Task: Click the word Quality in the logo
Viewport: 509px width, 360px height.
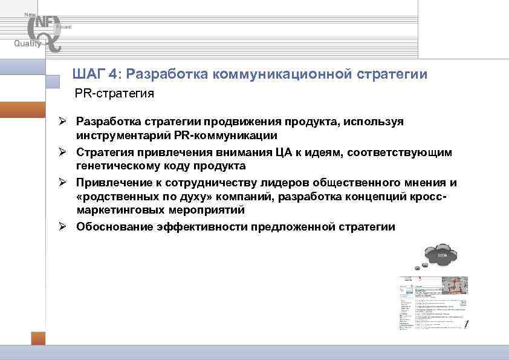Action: (28, 43)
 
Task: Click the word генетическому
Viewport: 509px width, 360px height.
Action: (112, 166)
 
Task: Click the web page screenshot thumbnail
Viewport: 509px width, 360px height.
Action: (433, 303)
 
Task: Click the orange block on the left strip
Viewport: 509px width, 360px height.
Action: (22, 110)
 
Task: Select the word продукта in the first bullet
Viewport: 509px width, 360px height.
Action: (317, 122)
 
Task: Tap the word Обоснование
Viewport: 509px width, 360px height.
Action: (112, 227)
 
